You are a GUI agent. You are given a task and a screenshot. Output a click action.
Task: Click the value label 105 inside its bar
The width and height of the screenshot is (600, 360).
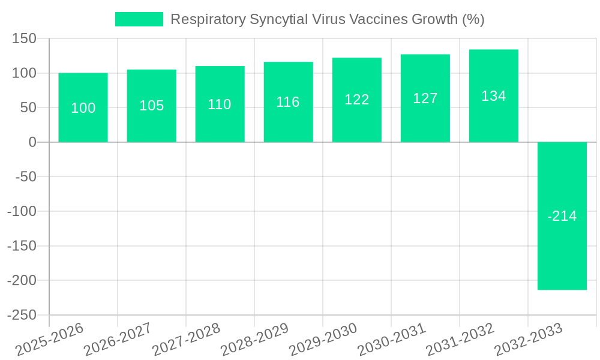[151, 106]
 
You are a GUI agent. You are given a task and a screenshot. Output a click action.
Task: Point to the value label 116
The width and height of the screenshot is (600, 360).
[288, 102]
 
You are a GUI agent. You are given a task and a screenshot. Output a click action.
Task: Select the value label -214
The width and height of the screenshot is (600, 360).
[562, 216]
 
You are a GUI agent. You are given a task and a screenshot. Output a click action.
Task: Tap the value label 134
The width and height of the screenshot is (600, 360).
[493, 96]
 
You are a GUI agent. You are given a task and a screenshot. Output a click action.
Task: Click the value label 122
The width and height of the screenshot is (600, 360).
[356, 100]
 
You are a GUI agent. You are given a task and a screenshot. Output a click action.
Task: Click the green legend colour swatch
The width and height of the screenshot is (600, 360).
[139, 19]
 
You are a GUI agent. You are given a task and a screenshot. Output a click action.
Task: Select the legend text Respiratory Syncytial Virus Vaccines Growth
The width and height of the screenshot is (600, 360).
[327, 19]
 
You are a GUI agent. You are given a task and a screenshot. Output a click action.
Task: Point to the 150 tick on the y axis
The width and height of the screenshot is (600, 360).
[25, 39]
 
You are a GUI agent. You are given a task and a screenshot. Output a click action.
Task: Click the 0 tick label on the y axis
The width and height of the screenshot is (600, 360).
[32, 142]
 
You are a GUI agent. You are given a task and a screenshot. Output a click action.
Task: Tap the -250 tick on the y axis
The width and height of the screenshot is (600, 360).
[22, 315]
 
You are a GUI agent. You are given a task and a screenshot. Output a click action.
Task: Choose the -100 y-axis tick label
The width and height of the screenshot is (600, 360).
[22, 211]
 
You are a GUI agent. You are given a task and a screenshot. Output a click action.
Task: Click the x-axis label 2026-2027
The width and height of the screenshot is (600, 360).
[118, 339]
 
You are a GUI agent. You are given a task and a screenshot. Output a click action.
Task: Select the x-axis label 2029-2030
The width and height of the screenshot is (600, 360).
[323, 339]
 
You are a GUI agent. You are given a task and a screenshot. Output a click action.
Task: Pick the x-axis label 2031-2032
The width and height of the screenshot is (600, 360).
[460, 339]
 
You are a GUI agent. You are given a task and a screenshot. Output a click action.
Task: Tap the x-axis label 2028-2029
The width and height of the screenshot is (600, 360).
[255, 339]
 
